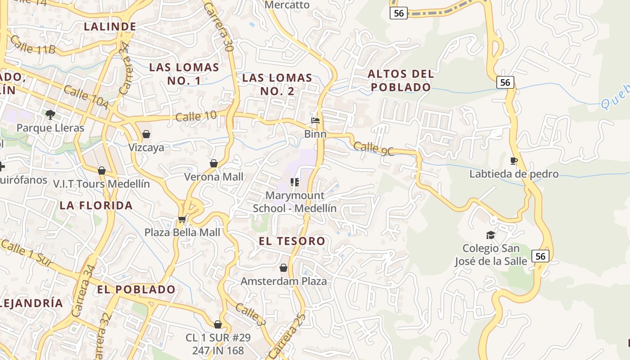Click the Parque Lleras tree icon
click(x=50, y=114)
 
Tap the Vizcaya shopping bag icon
click(x=146, y=134)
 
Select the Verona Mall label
click(x=214, y=177)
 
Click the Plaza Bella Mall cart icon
click(x=182, y=219)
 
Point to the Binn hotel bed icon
click(x=315, y=121)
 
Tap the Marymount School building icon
click(x=295, y=182)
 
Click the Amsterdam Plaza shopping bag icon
click(x=283, y=268)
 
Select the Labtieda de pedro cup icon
click(x=514, y=161)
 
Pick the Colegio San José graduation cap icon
click(x=490, y=235)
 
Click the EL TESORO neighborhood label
click(x=292, y=241)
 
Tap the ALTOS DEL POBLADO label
click(x=401, y=81)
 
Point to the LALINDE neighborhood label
click(x=110, y=27)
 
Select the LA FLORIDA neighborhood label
click(x=96, y=206)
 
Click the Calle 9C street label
click(x=374, y=148)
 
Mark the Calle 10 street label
click(x=196, y=117)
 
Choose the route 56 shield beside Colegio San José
click(x=540, y=256)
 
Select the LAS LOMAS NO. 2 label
click(x=277, y=84)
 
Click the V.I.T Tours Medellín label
click(x=101, y=184)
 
